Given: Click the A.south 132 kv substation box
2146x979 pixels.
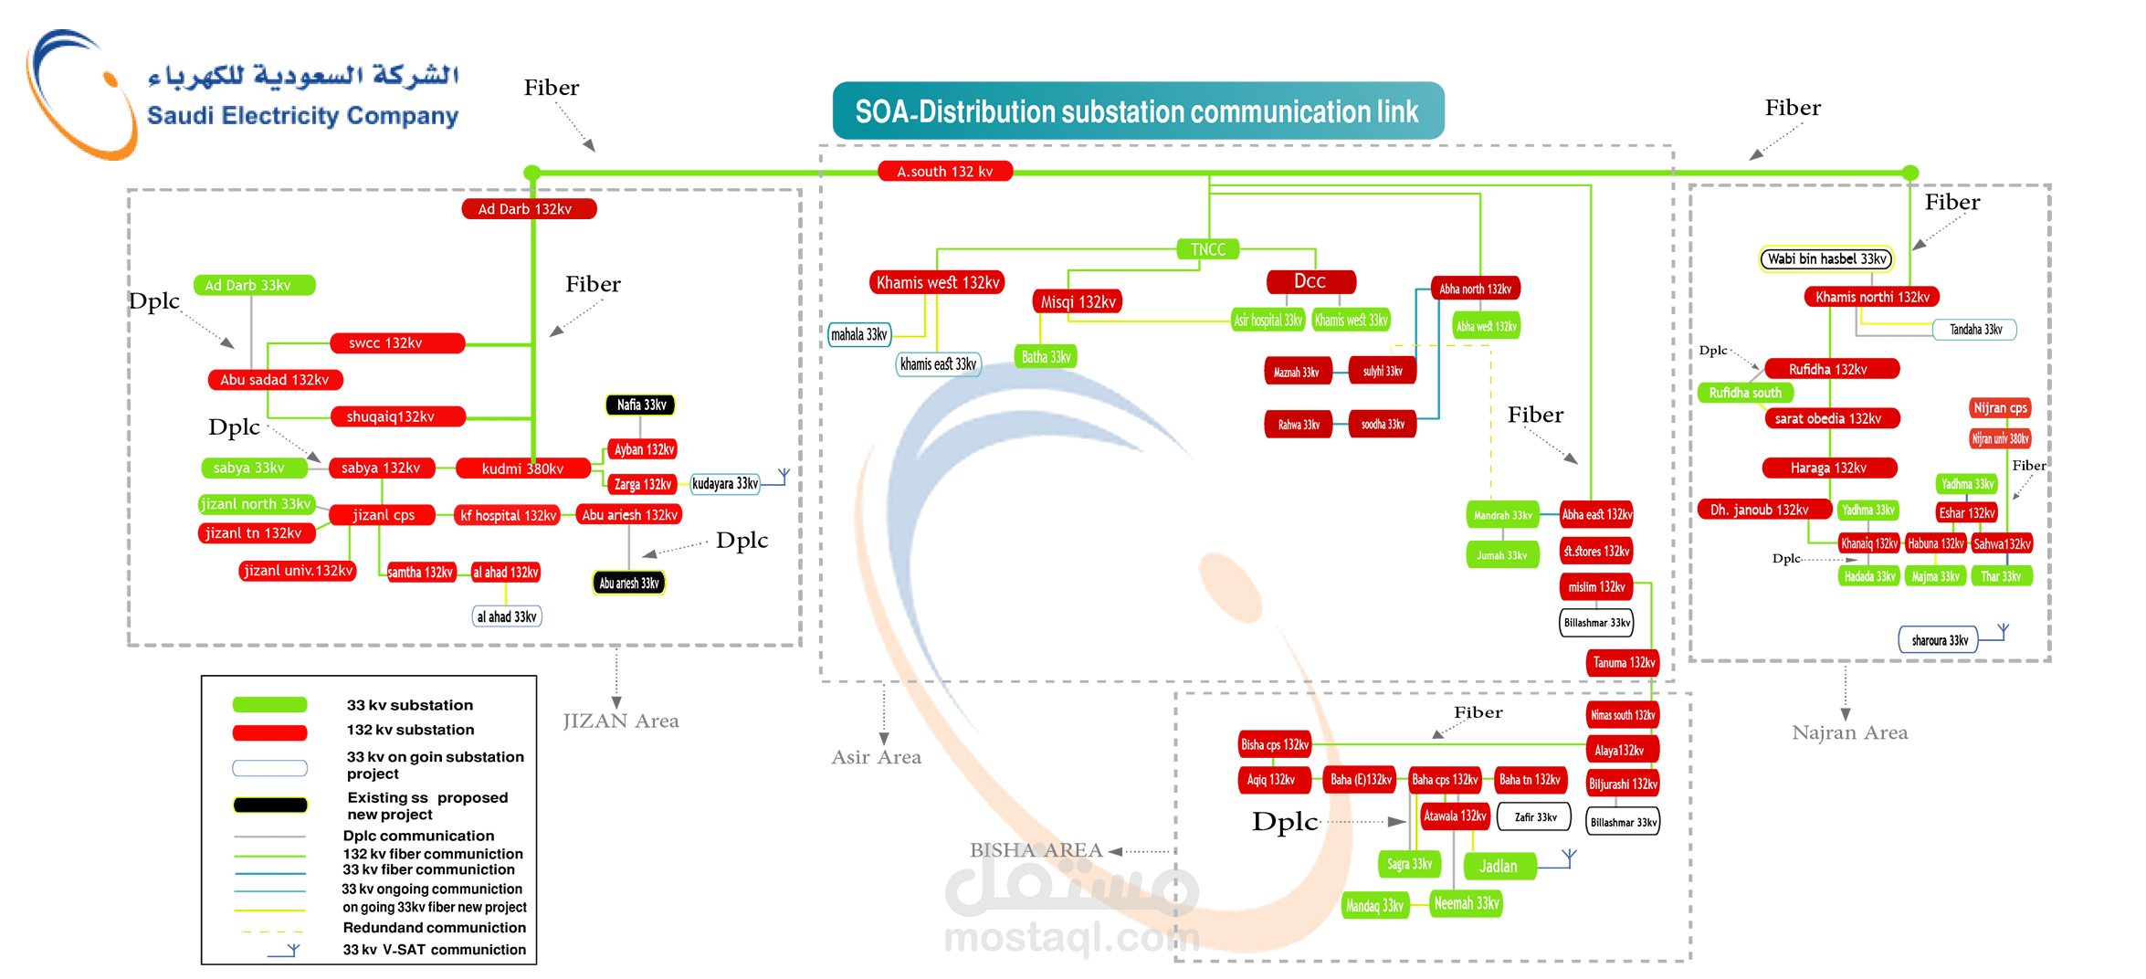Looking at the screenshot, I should click(944, 172).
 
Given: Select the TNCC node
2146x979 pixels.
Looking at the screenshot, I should click(1207, 249).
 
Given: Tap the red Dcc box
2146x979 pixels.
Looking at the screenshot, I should click(1310, 281).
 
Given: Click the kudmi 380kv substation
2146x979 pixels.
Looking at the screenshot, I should click(522, 468).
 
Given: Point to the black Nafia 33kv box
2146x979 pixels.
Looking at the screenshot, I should click(641, 405).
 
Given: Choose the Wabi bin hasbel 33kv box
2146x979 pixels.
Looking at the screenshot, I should click(1826, 259).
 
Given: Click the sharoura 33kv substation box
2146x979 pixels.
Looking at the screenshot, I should click(1939, 640).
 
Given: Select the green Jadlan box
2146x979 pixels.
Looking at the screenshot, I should click(1499, 866).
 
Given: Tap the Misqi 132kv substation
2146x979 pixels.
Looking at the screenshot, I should click(1078, 301).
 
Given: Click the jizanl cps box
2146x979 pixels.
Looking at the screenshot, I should click(383, 515).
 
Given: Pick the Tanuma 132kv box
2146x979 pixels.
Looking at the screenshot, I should click(1624, 662).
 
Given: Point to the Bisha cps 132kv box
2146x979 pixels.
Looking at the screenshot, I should click(1274, 744).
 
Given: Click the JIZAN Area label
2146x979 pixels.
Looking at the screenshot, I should click(621, 721).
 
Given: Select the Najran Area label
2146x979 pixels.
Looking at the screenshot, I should click(1849, 732).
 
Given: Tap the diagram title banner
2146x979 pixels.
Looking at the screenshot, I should click(1137, 111).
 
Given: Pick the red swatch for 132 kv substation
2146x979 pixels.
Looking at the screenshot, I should click(269, 732).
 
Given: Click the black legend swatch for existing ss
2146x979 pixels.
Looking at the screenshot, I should click(269, 805).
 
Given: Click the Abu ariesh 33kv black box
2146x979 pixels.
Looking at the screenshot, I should click(628, 583).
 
